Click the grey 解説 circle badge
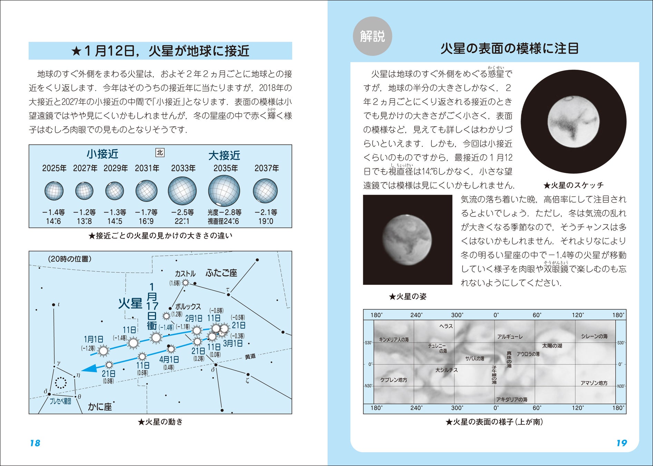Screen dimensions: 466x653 (x=372, y=36)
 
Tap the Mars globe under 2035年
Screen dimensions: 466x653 (x=224, y=191)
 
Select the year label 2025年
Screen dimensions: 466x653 (x=54, y=168)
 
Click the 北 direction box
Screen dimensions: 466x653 (x=160, y=153)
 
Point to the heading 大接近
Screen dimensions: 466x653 (x=224, y=156)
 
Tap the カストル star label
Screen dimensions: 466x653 (x=185, y=274)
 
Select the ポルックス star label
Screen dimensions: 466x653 (x=188, y=307)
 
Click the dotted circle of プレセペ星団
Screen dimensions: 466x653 (x=61, y=382)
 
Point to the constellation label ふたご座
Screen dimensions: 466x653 (x=221, y=273)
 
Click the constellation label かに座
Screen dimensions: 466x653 (x=100, y=407)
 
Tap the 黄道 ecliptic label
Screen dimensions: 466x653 (x=250, y=357)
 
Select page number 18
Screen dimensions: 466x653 (x=35, y=443)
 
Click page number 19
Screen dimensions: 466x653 (x=621, y=443)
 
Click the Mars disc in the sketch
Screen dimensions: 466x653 (x=574, y=121)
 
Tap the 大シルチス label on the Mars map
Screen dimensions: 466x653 (x=446, y=370)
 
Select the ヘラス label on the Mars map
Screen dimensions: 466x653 (x=446, y=326)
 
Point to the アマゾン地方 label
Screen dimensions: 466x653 (x=594, y=383)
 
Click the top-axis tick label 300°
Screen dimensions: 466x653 (x=457, y=315)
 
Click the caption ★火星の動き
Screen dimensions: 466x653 (x=160, y=422)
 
